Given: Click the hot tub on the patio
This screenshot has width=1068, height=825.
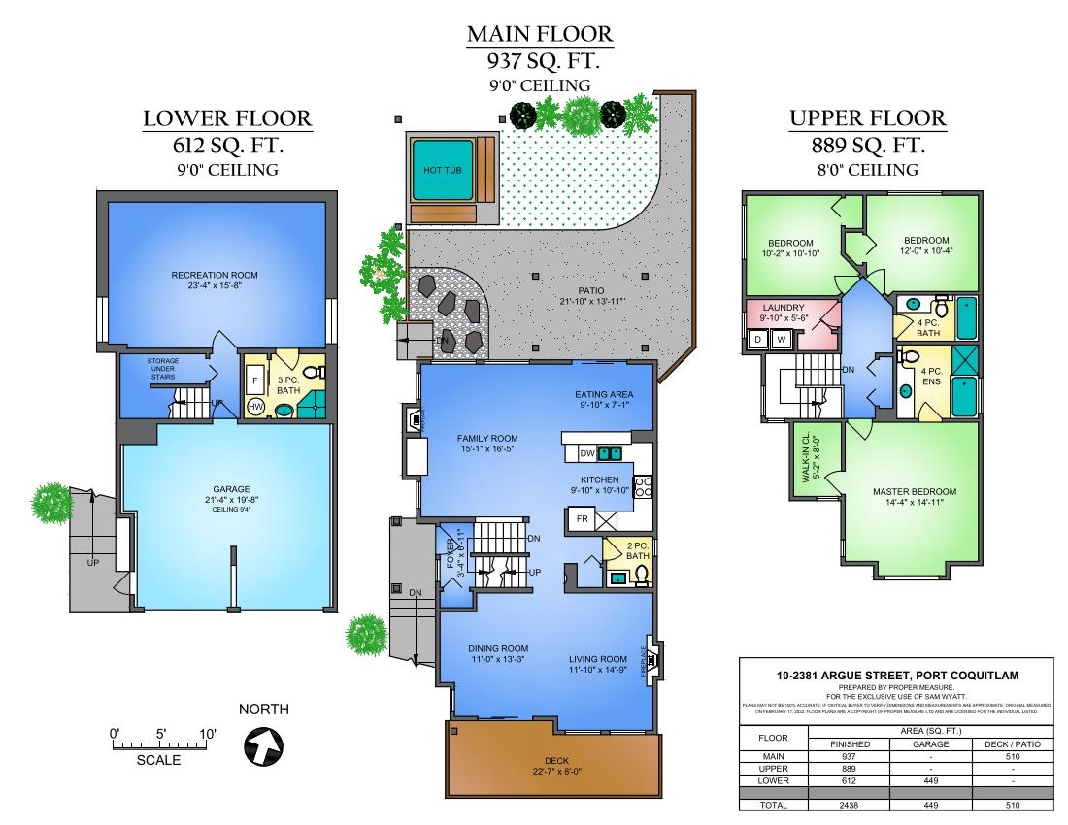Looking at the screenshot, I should (x=442, y=168).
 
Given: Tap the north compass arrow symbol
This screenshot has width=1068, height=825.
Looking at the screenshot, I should (x=264, y=746).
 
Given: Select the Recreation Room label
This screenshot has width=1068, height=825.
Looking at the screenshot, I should (x=215, y=275).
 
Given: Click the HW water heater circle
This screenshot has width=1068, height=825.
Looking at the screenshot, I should (x=256, y=406).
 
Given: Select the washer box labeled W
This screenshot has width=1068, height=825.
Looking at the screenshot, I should (x=781, y=339).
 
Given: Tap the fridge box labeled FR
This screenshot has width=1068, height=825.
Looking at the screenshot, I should (x=583, y=519).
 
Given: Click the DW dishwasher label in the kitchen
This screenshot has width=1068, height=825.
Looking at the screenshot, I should (x=585, y=453).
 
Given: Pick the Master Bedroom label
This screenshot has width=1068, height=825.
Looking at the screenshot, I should (x=914, y=492).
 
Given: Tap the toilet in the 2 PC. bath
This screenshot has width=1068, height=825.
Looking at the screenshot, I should (x=641, y=577).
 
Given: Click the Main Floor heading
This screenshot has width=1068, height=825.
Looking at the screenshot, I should (x=540, y=34).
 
